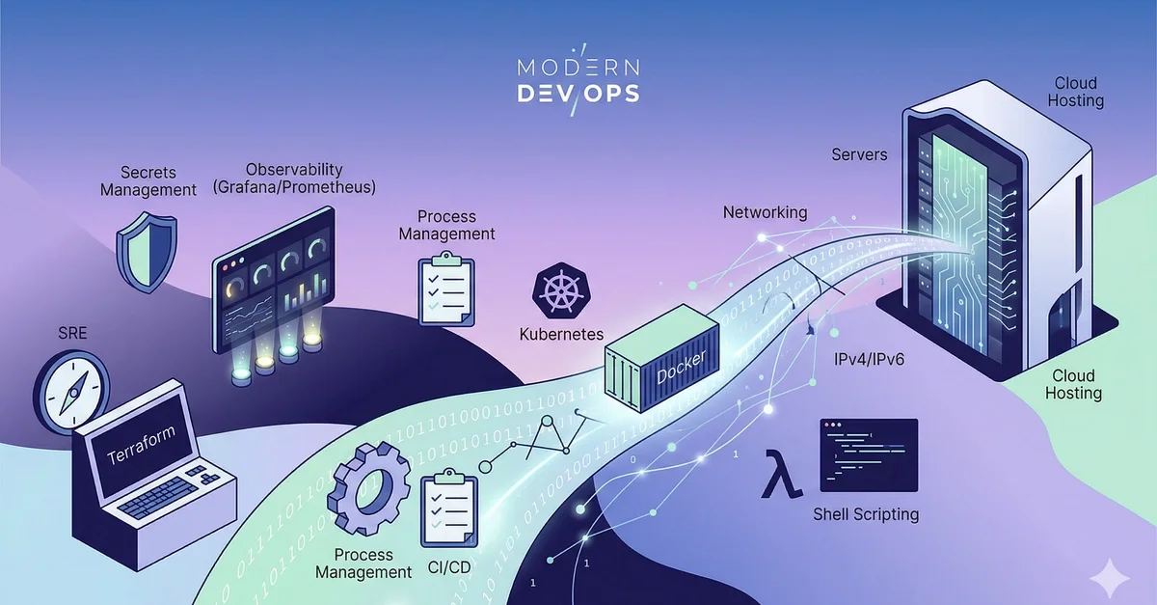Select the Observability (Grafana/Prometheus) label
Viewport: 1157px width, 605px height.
click(x=294, y=178)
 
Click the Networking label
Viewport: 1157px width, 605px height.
click(x=765, y=212)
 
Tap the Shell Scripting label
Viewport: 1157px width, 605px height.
click(x=866, y=514)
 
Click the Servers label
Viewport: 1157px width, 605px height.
click(x=859, y=154)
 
